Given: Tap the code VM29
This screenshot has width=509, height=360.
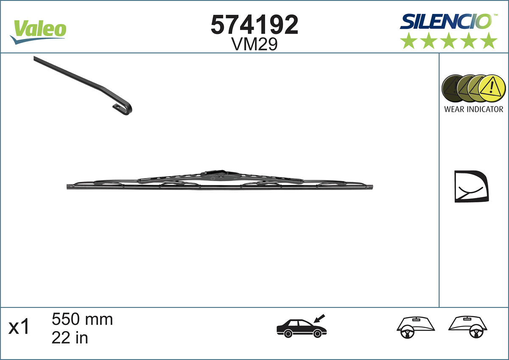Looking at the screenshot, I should click(255, 44).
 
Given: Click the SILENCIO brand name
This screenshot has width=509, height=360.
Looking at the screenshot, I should click(445, 21).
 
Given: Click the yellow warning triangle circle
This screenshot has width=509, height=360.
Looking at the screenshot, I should click(492, 89).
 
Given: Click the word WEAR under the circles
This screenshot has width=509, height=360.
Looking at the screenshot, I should click(454, 109).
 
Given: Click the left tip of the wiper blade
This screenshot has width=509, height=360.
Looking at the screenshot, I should click(69, 187).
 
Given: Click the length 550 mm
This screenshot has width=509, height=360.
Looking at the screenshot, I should click(82, 319).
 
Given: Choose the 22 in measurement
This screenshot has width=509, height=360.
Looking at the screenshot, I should click(70, 338).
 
